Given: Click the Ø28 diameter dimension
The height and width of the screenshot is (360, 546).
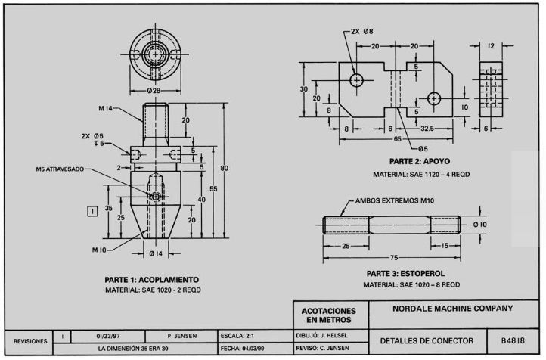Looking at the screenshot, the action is [x=154, y=91].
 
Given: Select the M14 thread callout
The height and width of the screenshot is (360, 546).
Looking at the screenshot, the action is [x=106, y=109].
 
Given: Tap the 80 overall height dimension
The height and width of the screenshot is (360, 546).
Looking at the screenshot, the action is [x=224, y=168].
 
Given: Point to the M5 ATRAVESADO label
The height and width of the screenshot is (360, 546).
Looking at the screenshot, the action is [x=60, y=169].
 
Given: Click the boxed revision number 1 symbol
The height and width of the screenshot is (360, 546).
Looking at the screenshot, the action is [x=92, y=211].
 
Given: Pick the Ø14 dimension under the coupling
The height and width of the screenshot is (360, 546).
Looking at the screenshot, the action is [x=156, y=254].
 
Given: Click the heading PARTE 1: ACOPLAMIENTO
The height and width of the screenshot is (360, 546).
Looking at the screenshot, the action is [x=152, y=280].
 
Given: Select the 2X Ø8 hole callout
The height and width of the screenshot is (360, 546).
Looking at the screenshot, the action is [x=361, y=31].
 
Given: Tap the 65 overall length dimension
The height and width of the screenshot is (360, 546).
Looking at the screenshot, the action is [x=397, y=139].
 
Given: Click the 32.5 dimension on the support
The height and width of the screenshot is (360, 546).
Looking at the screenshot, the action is [x=427, y=129].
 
